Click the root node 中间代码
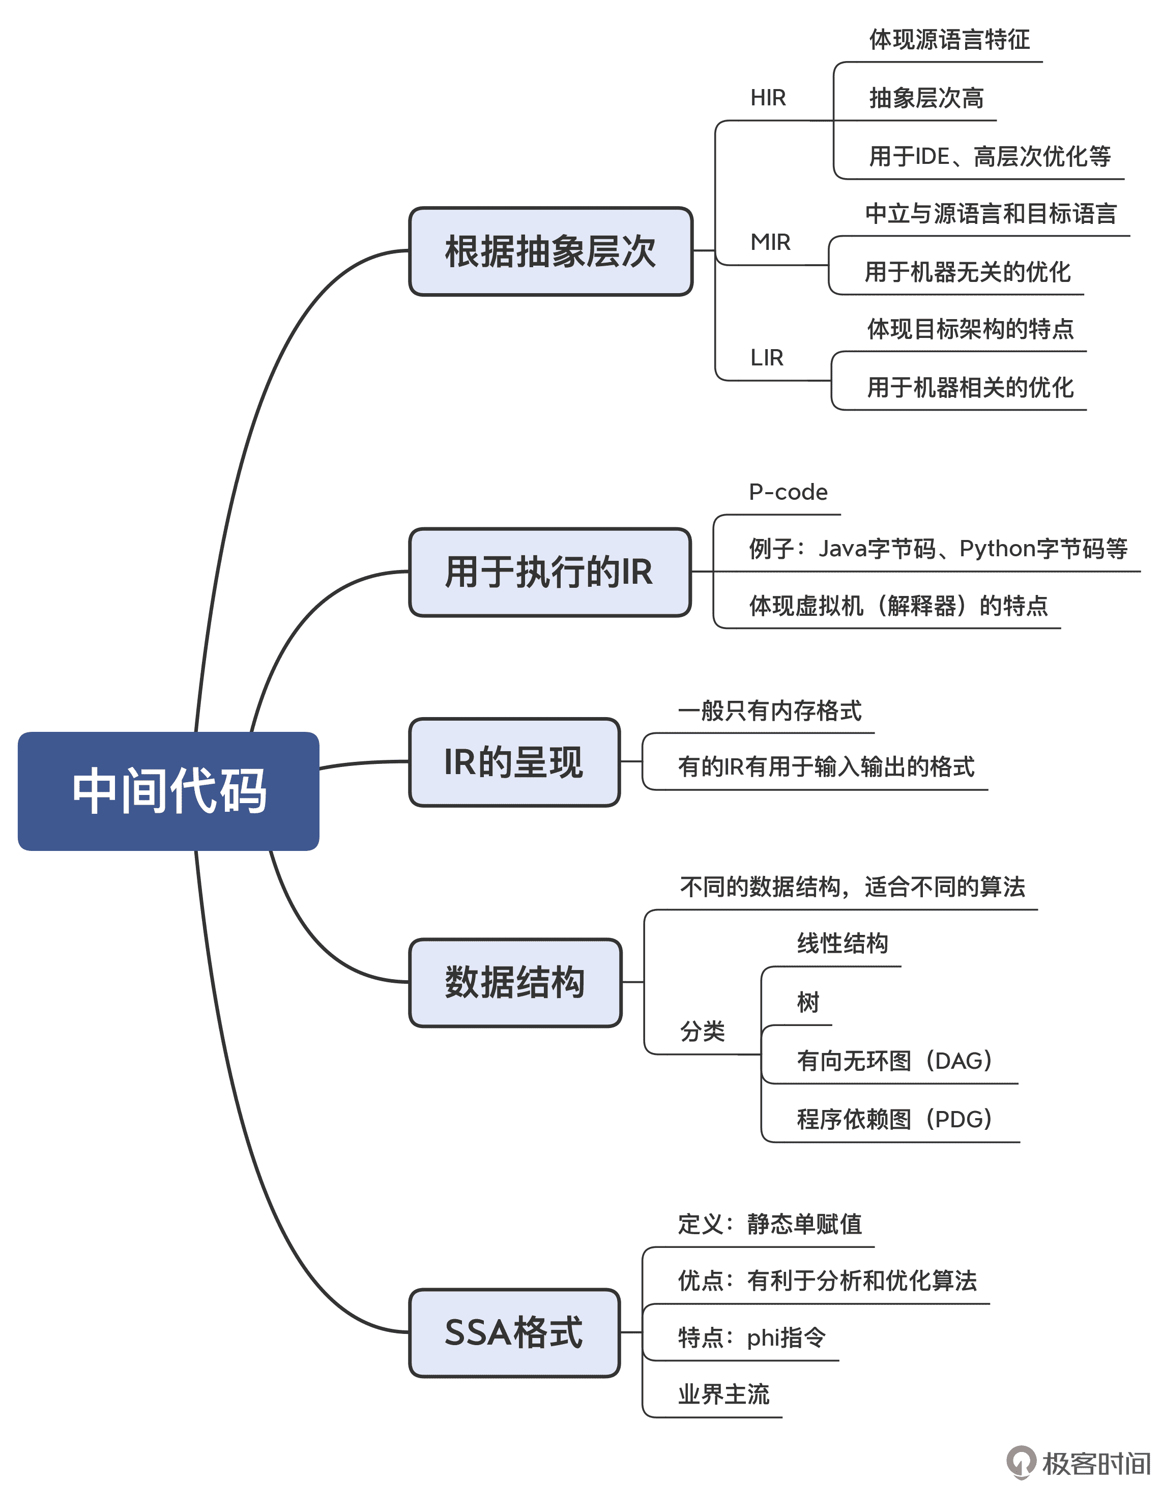click(168, 790)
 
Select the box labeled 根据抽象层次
click(550, 251)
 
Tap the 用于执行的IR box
click(549, 572)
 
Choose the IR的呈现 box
click(514, 762)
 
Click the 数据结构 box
click(515, 982)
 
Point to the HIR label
click(768, 98)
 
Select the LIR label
click(766, 358)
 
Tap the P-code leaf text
click(788, 492)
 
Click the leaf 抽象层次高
click(926, 98)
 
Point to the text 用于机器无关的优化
click(967, 272)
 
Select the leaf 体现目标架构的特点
click(970, 329)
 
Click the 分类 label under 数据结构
click(702, 1032)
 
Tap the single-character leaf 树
click(807, 1002)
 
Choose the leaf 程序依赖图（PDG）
click(894, 1119)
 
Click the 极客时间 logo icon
click(1021, 1462)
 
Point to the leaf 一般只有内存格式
click(770, 710)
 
